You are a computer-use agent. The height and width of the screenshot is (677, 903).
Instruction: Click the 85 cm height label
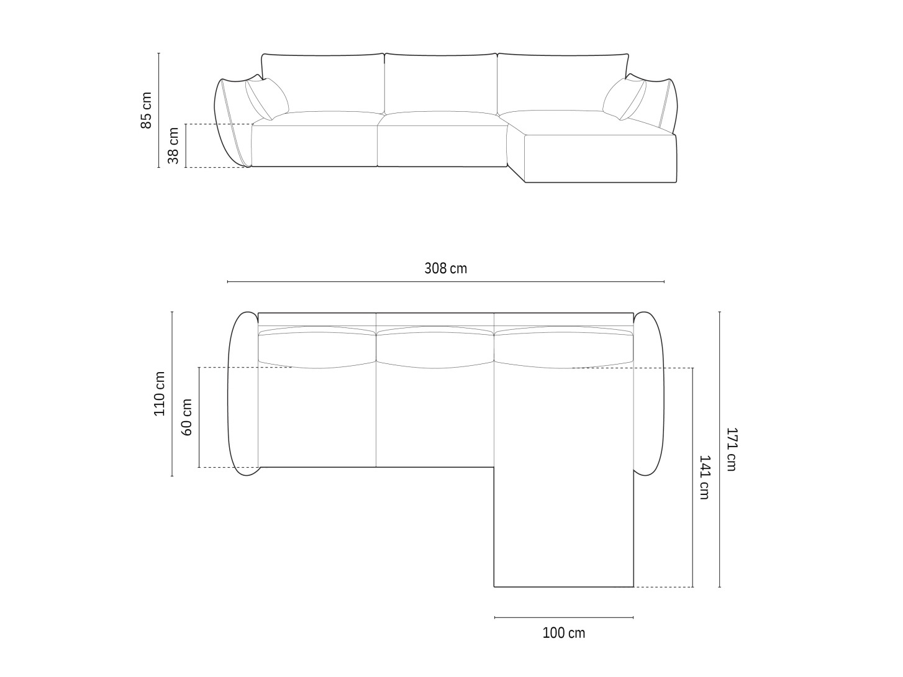click(x=146, y=110)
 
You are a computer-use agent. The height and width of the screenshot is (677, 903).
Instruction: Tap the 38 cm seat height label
click(x=173, y=145)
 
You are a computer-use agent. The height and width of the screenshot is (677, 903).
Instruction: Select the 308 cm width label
click(x=445, y=268)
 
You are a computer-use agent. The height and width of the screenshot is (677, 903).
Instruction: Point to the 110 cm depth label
click(x=159, y=394)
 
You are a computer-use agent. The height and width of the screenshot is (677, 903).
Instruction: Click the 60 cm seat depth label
click(x=186, y=417)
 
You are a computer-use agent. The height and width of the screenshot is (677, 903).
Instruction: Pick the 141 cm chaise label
click(x=705, y=477)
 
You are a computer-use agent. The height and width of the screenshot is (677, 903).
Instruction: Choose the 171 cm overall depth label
click(x=732, y=449)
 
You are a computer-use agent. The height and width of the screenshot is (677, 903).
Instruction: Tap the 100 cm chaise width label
click(x=564, y=632)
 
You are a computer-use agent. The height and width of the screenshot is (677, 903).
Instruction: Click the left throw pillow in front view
click(x=267, y=99)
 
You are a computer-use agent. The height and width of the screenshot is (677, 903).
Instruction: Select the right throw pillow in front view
click(x=624, y=99)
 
